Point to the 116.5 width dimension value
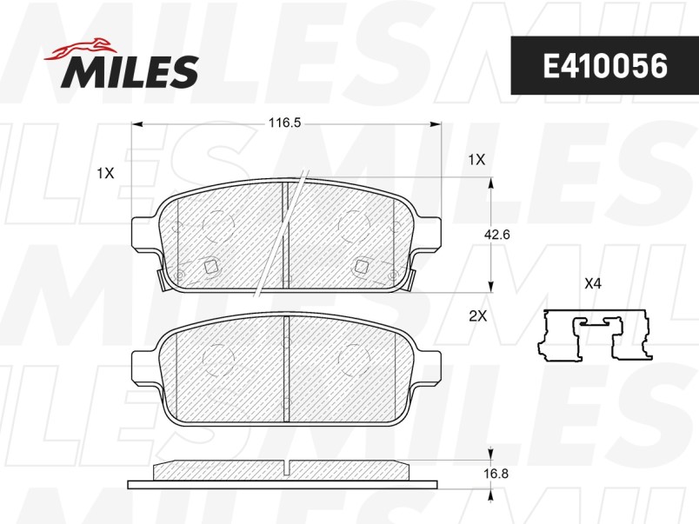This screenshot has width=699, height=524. click(x=283, y=123)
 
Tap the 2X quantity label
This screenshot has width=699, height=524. click(x=476, y=317)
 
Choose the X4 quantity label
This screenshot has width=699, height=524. click(x=593, y=282)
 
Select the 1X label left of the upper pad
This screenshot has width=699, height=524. click(x=105, y=173)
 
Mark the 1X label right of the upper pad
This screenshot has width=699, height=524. click(x=476, y=160)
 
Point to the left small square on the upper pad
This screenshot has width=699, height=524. click(x=209, y=268)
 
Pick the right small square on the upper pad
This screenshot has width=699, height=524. click(x=361, y=267)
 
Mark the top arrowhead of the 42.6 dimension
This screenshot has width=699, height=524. click(x=493, y=182)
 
